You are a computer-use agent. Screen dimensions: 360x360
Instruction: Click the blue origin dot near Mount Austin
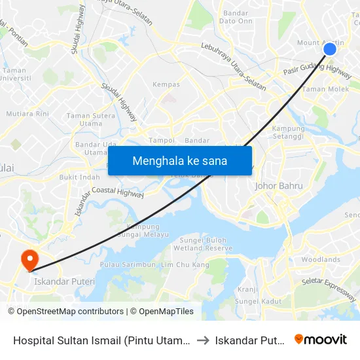click(330, 48)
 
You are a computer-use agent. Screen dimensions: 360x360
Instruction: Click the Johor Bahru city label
click(278, 186)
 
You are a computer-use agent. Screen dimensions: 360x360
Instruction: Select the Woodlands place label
click(321, 260)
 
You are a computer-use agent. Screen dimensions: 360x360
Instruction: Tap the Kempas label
click(166, 84)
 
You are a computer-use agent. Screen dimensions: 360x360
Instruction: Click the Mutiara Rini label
click(28, 113)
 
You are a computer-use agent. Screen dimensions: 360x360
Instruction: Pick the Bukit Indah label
click(80, 177)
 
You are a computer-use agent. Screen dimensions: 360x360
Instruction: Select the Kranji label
click(248, 289)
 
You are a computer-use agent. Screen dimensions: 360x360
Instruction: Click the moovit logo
click(321, 339)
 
